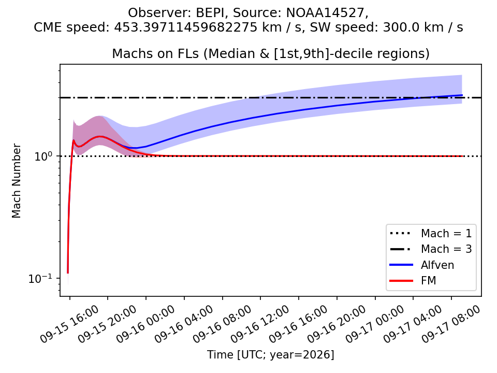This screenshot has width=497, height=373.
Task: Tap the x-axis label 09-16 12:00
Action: click(x=260, y=324)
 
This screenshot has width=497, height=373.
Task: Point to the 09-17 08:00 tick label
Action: click(x=451, y=324)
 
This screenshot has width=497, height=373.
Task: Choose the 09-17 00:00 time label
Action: click(x=375, y=324)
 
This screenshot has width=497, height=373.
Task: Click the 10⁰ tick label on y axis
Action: click(x=46, y=155)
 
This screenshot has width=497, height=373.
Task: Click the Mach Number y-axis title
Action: click(x=16, y=181)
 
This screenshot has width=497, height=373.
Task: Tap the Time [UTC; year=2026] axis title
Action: click(x=271, y=354)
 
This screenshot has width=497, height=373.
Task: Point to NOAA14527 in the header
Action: click(x=326, y=13)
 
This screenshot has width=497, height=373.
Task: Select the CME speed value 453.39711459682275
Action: click(x=186, y=27)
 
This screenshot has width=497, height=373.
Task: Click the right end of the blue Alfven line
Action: click(x=462, y=95)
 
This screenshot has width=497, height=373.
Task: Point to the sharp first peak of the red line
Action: click(x=74, y=140)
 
